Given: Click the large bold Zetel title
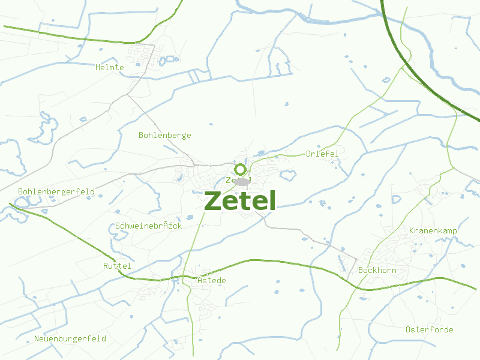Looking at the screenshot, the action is pyautogui.click(x=240, y=201).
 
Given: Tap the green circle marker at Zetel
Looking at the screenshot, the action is pyautogui.click(x=241, y=169).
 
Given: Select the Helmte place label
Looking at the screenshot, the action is pyautogui.click(x=110, y=67).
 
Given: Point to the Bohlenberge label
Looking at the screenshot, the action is pyautogui.click(x=164, y=135).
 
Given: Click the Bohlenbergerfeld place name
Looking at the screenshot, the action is pyautogui.click(x=56, y=191).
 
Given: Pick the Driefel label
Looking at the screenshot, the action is pyautogui.click(x=322, y=154).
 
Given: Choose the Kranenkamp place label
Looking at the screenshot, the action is pyautogui.click(x=433, y=230).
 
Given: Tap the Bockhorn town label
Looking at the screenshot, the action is pyautogui.click(x=377, y=270).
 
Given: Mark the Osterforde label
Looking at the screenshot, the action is pyautogui.click(x=429, y=329).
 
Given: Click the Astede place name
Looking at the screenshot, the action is pyautogui.click(x=212, y=280).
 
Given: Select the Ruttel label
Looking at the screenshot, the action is pyautogui.click(x=117, y=265).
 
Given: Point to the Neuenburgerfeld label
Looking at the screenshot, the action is pyautogui.click(x=70, y=338).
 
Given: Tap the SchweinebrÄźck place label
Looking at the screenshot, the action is pyautogui.click(x=148, y=226).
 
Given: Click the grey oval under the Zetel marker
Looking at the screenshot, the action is pyautogui.click(x=242, y=181).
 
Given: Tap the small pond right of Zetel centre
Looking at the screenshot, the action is pyautogui.click(x=288, y=175).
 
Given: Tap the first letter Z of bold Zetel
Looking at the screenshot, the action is pyautogui.click(x=212, y=201).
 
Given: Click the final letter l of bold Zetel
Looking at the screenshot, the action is pyautogui.click(x=272, y=200).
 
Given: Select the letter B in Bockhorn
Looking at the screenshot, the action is pyautogui.click(x=361, y=270).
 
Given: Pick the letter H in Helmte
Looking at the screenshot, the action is pyautogui.click(x=98, y=67).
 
